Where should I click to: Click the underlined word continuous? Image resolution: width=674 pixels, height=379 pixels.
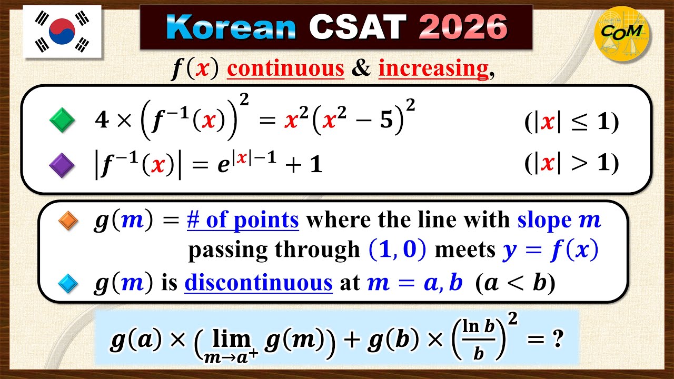pos(285,69)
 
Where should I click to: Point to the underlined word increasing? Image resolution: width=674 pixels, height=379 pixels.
pos(433,69)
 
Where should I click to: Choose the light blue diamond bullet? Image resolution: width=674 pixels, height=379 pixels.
pos(68,284)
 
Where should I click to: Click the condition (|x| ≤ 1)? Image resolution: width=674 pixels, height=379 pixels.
pos(571,122)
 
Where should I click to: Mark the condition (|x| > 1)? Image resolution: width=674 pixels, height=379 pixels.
pos(571,164)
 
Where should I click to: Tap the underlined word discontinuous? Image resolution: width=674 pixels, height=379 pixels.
pos(259,284)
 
